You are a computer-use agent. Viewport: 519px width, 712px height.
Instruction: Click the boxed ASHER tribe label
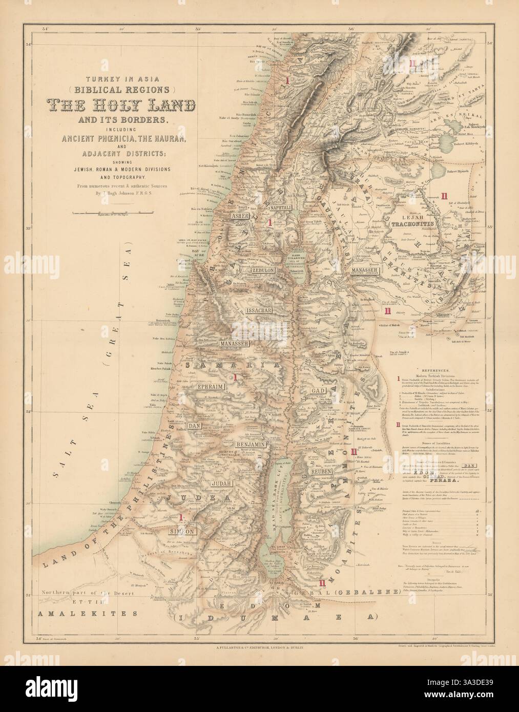[x=240, y=216]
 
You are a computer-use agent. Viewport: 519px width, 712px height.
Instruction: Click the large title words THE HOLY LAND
[x=122, y=106]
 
